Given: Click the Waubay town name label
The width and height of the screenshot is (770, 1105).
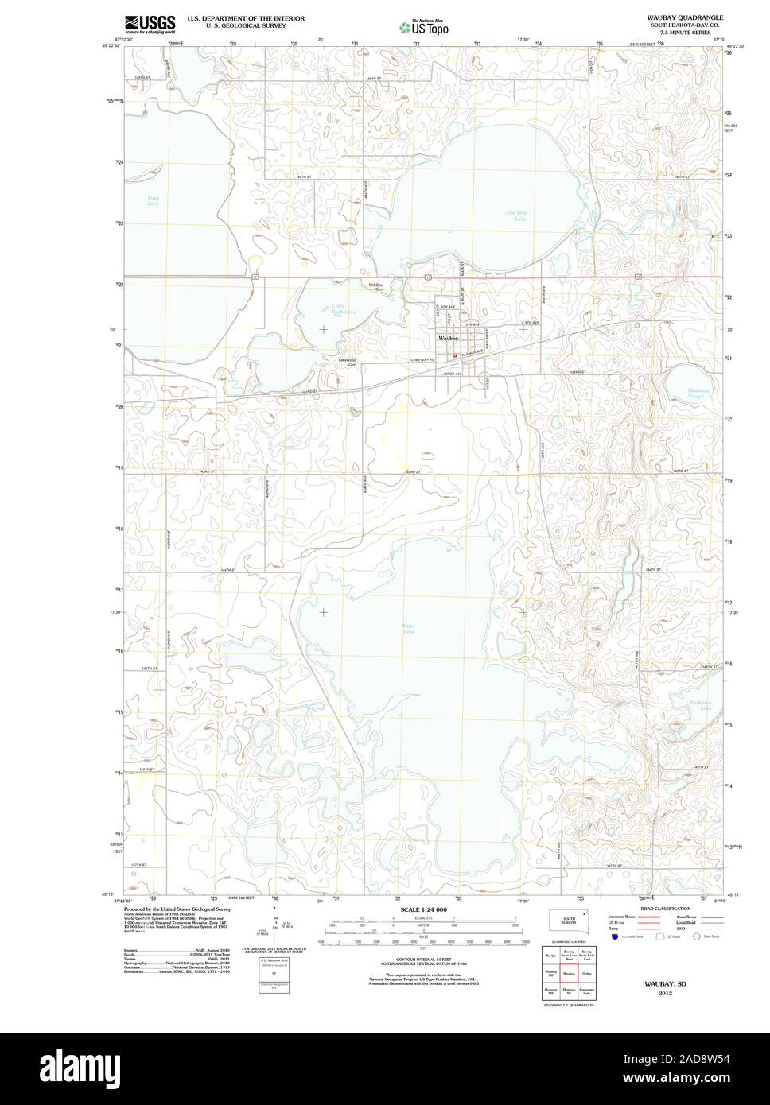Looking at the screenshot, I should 448,339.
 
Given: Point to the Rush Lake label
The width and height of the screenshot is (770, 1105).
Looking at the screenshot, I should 153,200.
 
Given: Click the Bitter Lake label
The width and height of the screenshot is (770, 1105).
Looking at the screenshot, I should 408,629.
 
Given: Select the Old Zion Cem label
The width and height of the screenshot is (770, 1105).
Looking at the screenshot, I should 375,287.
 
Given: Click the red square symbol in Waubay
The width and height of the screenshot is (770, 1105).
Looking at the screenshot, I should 455,355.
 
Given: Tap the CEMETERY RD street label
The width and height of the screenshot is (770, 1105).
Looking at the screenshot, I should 423,359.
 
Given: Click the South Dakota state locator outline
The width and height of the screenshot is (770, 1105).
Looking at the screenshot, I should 568,921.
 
